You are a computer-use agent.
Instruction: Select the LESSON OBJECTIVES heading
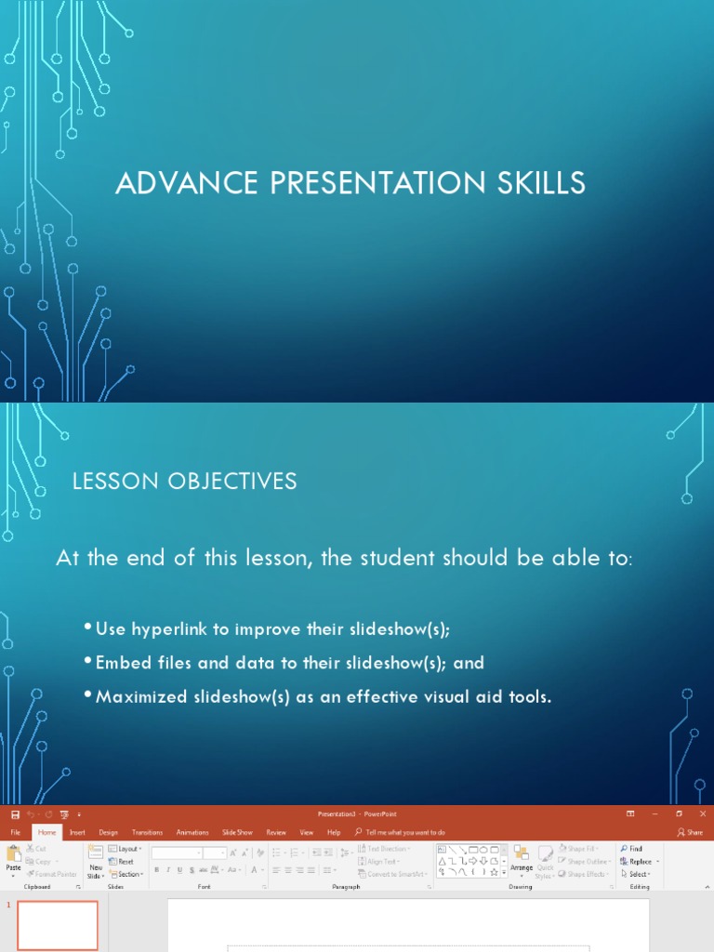click(x=185, y=481)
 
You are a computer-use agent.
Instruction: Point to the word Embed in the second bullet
click(x=121, y=663)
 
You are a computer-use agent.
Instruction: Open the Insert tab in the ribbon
click(x=77, y=832)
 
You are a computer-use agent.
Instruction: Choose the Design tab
click(x=108, y=832)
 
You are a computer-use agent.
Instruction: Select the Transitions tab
click(x=147, y=832)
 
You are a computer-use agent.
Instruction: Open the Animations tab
click(x=192, y=832)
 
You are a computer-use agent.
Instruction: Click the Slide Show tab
click(x=237, y=832)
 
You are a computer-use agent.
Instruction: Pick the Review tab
click(x=276, y=832)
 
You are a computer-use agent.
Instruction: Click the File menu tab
click(x=15, y=832)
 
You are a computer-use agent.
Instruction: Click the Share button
click(x=690, y=832)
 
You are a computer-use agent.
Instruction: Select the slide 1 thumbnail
click(x=58, y=925)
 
